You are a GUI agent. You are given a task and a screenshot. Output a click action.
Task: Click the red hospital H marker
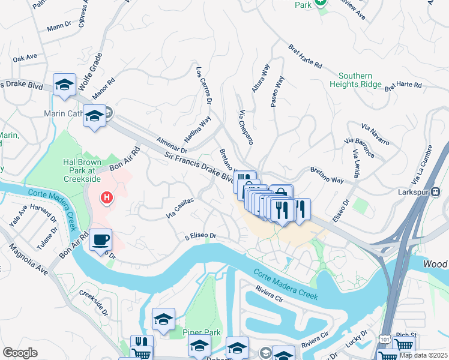point(107,197)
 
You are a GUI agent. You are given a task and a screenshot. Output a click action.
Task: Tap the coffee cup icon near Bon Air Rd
point(100,240)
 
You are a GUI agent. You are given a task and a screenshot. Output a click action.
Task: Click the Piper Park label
point(202,332)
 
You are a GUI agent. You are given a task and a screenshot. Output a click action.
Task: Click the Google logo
point(20,353)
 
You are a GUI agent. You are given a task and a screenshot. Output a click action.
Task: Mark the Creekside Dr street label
point(94,304)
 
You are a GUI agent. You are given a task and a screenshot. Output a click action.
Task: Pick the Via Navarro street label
point(375,136)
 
